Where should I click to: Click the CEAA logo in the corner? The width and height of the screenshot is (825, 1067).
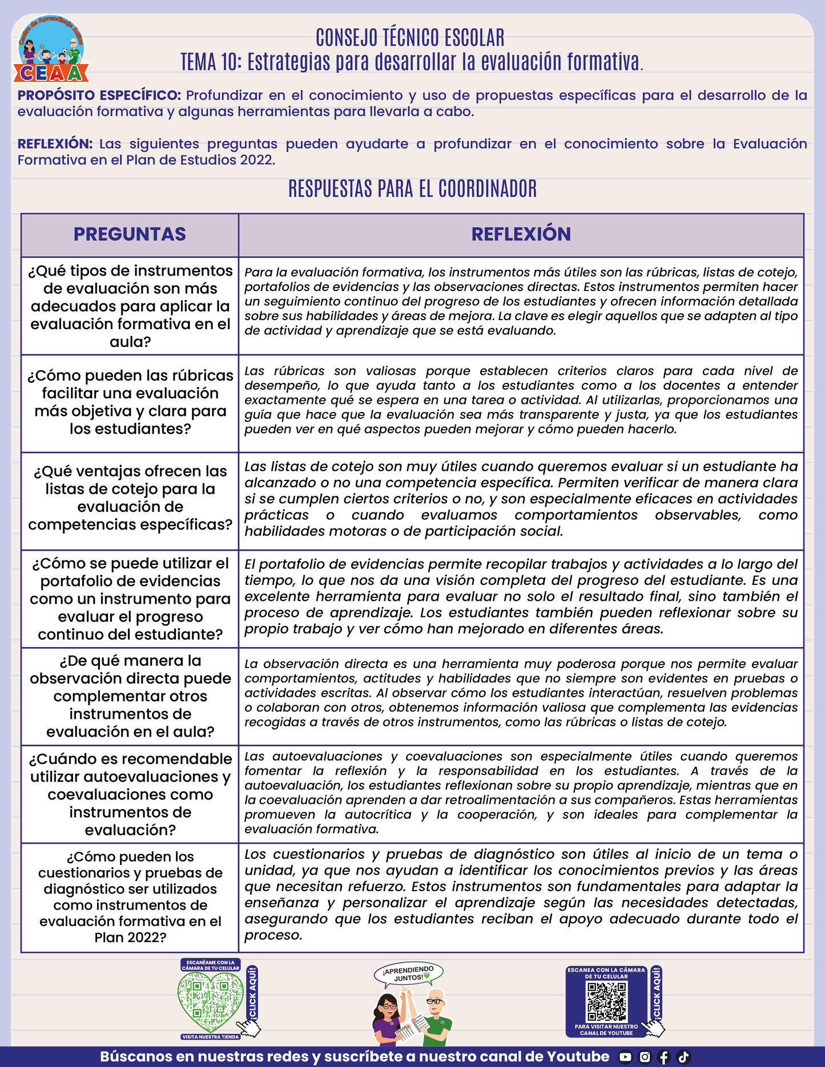pos(51,50)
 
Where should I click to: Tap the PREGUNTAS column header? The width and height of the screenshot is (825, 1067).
pos(130,234)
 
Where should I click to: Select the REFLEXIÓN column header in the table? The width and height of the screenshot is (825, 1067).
pos(521,234)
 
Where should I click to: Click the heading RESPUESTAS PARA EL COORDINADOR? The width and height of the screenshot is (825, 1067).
pos(412,189)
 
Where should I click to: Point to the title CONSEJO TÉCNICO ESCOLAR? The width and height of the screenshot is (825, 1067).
pos(410,38)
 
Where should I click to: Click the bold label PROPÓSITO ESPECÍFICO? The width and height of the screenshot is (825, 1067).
pos(99,95)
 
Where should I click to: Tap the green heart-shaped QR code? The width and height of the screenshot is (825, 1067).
pos(211,1002)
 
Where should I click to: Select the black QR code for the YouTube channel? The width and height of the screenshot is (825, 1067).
pos(607,1002)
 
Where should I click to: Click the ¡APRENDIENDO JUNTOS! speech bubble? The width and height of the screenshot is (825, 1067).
pos(409,974)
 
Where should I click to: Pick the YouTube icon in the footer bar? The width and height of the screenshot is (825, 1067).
pos(625,1057)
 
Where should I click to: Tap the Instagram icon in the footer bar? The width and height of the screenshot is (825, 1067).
pos(645,1057)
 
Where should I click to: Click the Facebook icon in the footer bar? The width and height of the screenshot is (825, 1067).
pos(664,1057)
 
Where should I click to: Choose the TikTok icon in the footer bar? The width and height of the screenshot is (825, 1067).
pos(683,1057)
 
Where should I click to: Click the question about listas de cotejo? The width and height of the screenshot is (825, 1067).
pos(130,498)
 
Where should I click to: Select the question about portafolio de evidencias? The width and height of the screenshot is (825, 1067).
pos(130,599)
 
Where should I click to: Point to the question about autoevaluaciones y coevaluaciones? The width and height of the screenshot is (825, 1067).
pos(130,794)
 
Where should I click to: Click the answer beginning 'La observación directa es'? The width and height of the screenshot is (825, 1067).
pos(521,693)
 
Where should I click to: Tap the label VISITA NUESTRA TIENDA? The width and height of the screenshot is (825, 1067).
pos(211,1037)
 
